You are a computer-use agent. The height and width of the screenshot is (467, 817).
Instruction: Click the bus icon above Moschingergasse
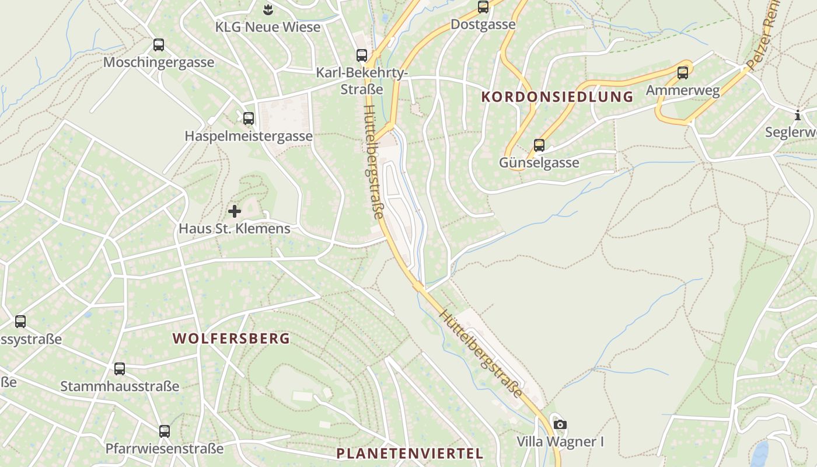[158, 45]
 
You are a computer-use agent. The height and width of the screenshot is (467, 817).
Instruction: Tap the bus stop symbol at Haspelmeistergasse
[249, 119]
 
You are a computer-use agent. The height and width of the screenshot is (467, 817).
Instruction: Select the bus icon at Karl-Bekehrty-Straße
[362, 55]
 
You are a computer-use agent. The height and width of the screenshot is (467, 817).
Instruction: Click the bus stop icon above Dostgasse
[483, 7]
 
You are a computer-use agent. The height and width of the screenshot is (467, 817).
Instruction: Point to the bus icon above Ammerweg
[682, 73]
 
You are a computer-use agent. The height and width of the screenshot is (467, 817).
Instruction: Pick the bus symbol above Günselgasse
[539, 145]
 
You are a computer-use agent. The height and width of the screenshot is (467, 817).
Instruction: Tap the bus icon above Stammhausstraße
[120, 369]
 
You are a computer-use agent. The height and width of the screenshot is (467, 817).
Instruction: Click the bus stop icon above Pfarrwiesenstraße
[165, 431]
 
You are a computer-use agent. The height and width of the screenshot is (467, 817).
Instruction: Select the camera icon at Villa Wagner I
[560, 424]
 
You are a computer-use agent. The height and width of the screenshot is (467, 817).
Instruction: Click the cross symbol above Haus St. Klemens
[235, 211]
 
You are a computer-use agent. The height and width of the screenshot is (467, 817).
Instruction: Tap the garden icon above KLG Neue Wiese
[268, 9]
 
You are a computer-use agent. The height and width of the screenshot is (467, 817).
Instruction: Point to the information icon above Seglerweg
[798, 115]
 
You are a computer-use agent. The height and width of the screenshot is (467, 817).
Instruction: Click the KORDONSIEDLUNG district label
[557, 97]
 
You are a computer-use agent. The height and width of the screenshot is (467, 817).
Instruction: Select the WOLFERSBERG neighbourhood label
[231, 339]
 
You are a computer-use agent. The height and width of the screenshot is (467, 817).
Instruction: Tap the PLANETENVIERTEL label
[410, 454]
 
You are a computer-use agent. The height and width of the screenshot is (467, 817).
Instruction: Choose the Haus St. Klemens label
[234, 228]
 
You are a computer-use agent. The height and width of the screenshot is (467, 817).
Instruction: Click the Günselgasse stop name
[539, 162]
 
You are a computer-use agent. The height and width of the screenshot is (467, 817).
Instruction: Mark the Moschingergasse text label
[159, 62]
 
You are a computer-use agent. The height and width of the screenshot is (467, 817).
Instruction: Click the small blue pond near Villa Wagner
[760, 452]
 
